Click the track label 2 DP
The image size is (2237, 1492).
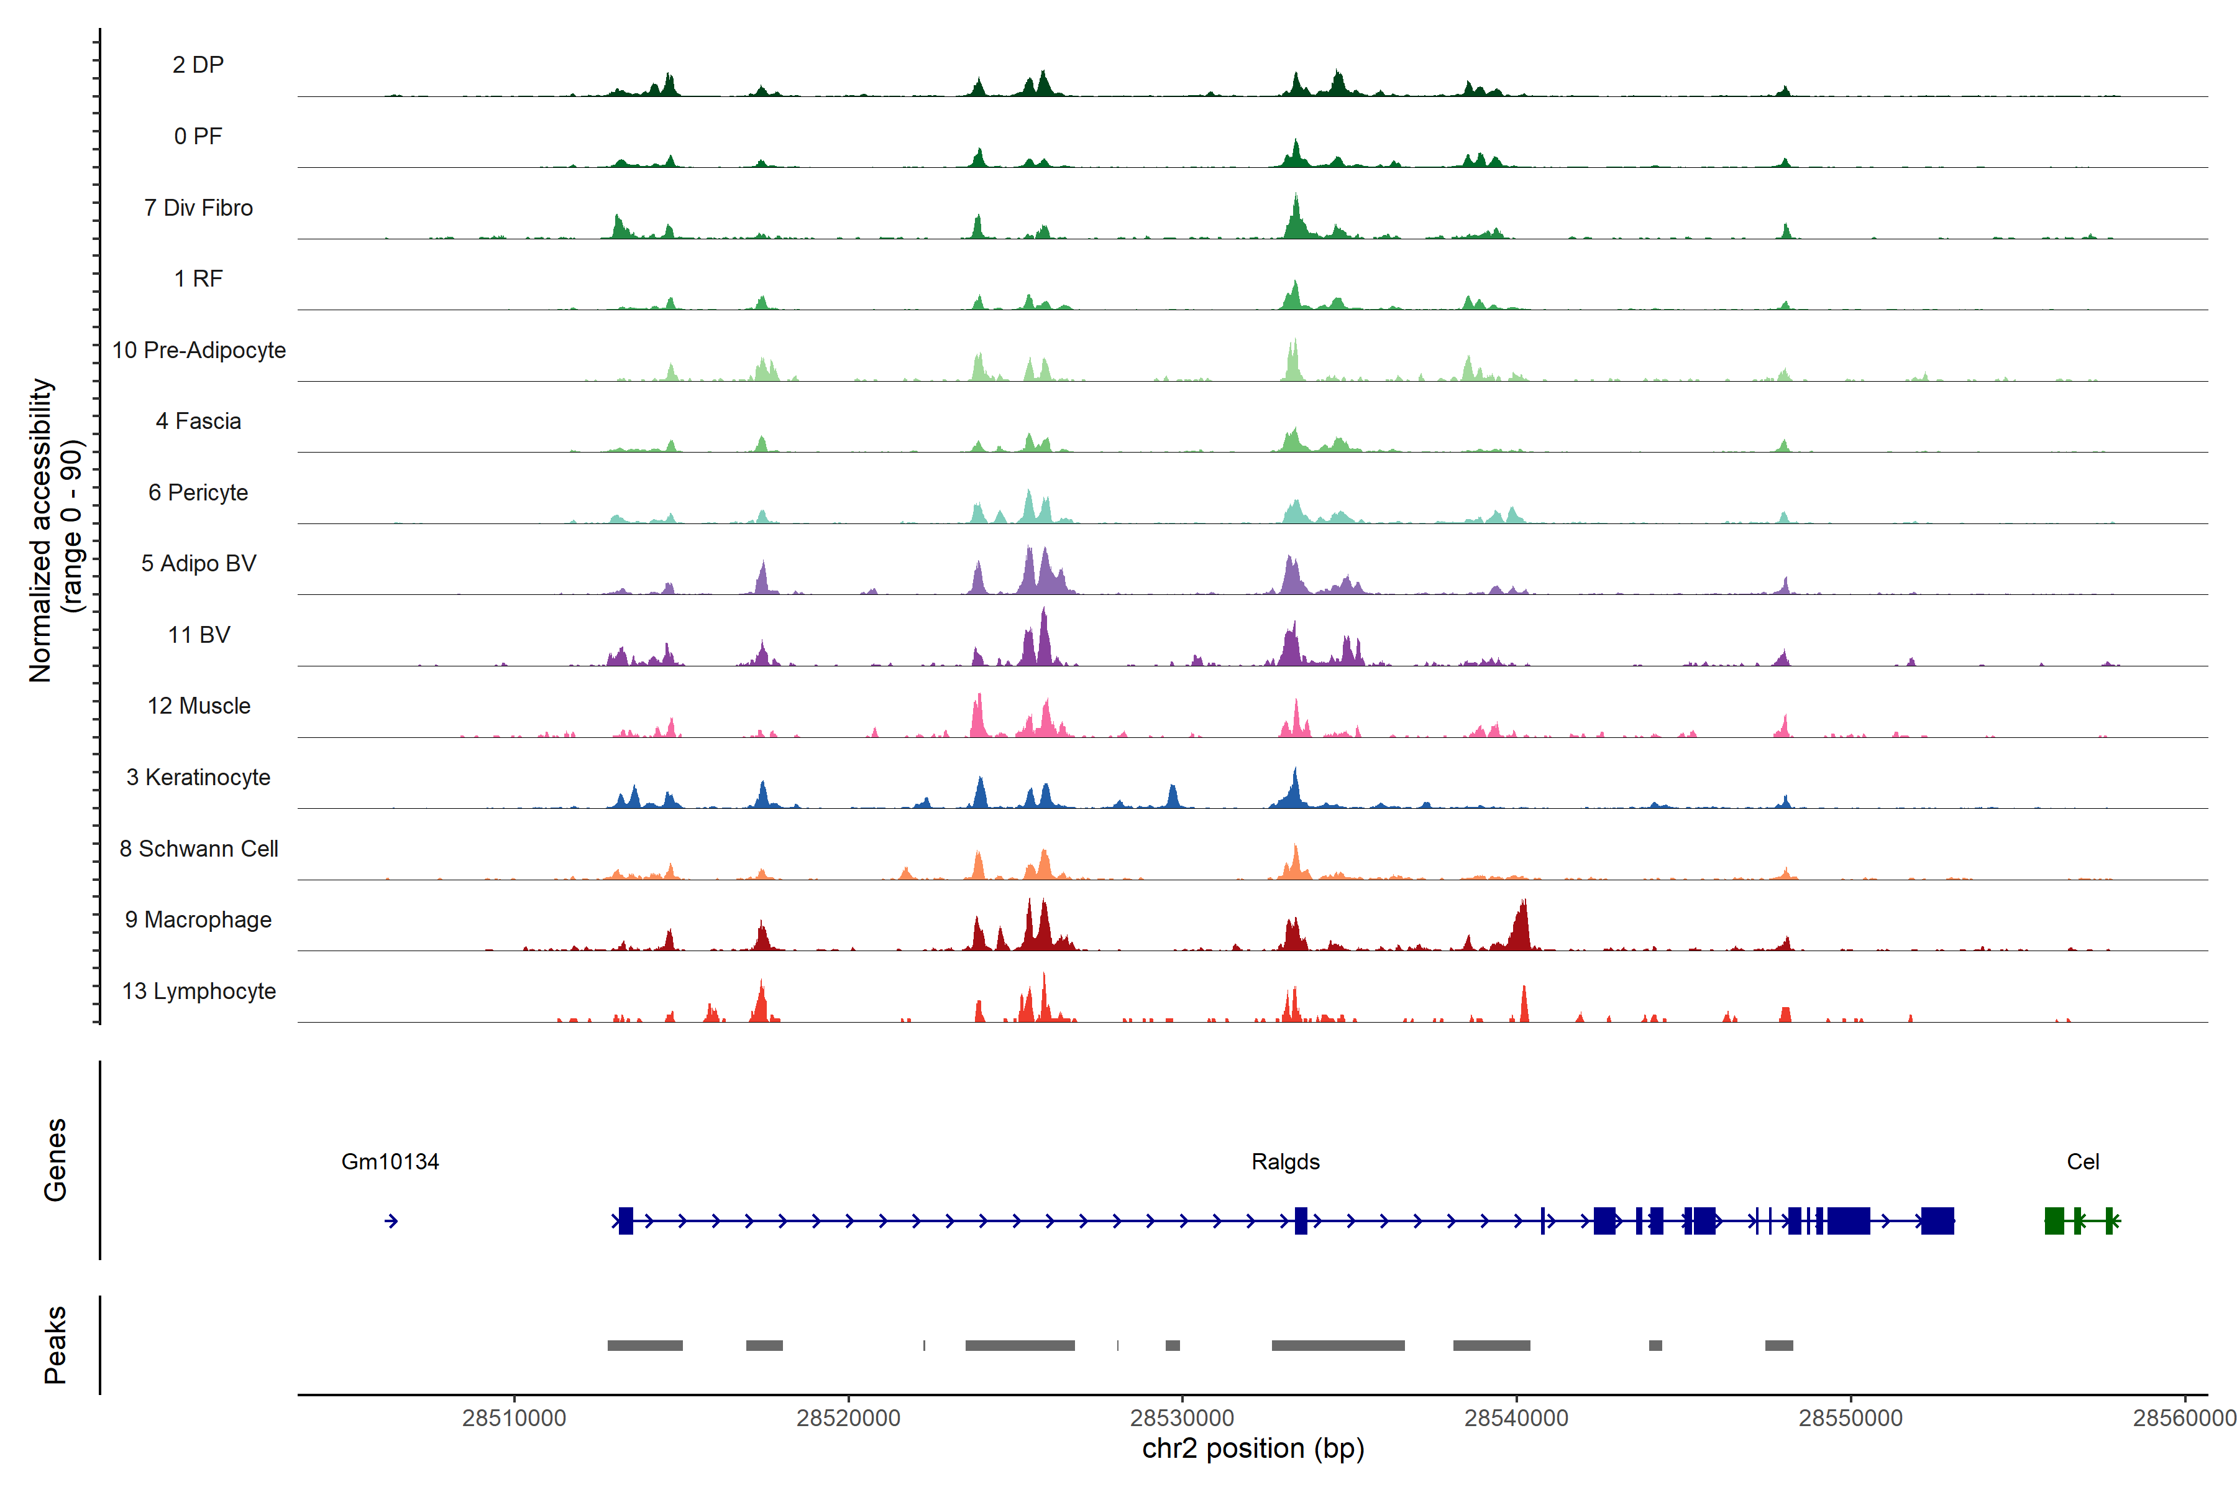198,65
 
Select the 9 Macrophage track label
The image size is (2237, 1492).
198,920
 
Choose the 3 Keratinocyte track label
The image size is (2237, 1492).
198,778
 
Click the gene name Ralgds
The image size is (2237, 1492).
1285,1162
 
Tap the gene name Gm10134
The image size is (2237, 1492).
390,1162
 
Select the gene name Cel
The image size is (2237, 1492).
2083,1162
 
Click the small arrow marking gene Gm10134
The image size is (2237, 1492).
391,1221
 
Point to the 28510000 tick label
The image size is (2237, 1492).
514,1418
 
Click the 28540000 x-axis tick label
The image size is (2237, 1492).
1516,1418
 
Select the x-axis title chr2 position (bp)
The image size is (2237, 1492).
1253,1448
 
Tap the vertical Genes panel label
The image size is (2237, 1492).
55,1160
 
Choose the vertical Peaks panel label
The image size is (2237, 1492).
55,1345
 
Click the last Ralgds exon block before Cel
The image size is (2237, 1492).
1937,1221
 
